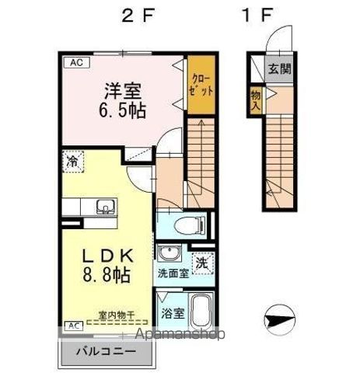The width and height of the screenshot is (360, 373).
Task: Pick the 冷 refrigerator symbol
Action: (x=72, y=162)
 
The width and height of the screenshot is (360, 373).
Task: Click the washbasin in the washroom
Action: (x=166, y=254)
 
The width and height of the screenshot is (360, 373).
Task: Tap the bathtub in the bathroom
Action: (x=201, y=313)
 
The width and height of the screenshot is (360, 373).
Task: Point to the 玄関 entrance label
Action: (x=280, y=68)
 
